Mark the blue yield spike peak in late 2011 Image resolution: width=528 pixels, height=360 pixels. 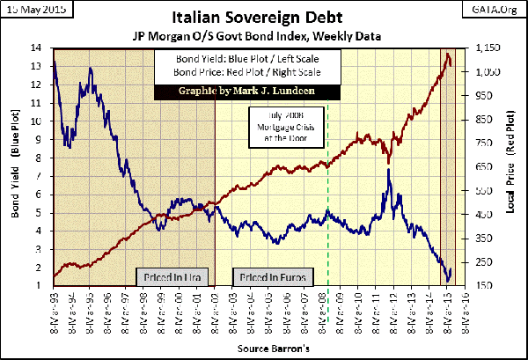point(388,170)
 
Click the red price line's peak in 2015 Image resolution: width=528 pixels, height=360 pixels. point(448,55)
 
